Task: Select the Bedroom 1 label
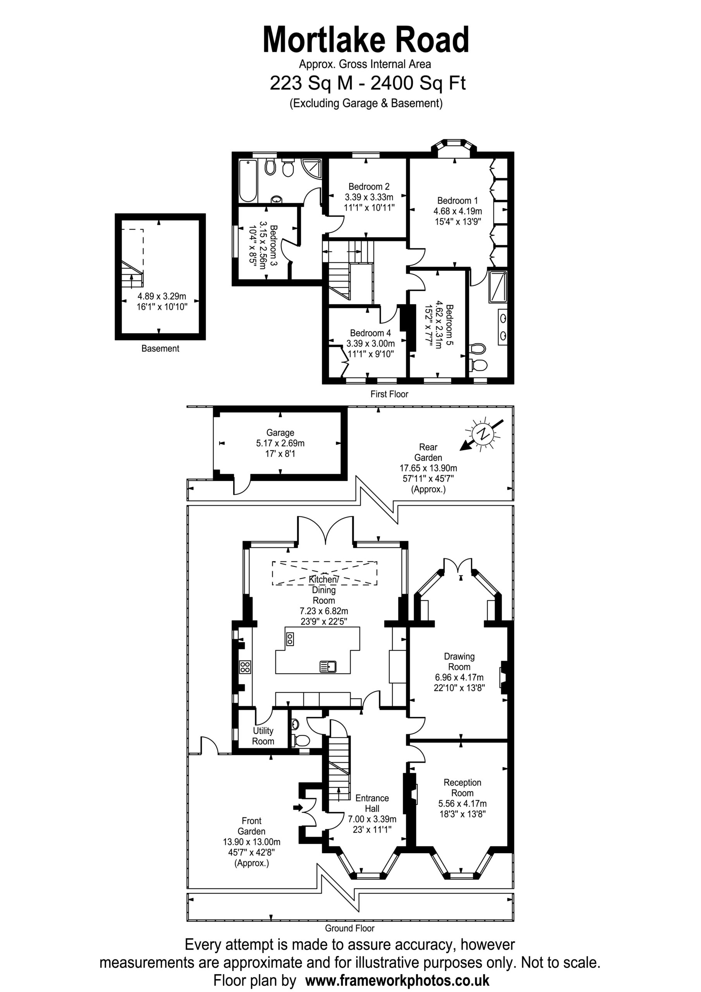457,200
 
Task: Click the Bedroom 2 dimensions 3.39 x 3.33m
369,197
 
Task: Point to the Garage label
280,432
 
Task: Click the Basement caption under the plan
160,348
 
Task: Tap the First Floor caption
389,394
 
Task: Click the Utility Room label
263,736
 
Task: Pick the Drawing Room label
459,661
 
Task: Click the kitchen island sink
328,666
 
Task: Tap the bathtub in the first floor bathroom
248,181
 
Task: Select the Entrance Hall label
372,803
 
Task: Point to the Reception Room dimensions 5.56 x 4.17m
462,804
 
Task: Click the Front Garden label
251,826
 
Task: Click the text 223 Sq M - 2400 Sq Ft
368,83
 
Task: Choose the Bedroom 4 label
370,333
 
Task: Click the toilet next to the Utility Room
301,741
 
